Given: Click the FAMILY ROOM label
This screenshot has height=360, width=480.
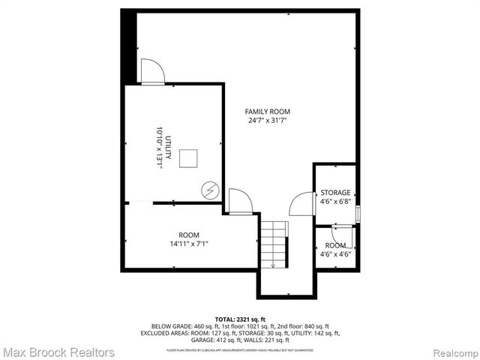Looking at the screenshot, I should click(x=268, y=112).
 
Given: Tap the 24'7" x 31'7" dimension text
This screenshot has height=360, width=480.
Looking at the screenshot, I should click(x=268, y=121).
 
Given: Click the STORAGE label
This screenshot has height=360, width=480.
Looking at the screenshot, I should click(x=335, y=193).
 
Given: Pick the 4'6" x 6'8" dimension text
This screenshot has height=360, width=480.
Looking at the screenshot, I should click(x=335, y=202).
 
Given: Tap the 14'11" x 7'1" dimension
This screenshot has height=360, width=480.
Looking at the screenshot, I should click(x=188, y=243).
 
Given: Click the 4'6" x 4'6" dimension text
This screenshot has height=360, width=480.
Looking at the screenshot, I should click(x=335, y=254).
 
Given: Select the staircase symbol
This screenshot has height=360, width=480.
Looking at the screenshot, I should click(x=274, y=244).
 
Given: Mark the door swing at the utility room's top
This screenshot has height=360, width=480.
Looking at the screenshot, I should click(x=153, y=72).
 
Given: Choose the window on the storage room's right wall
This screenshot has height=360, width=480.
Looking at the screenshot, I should click(x=358, y=212).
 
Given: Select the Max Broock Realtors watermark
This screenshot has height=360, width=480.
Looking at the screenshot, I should click(x=58, y=352).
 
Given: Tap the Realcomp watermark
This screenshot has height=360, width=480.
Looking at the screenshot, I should click(x=451, y=352).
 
